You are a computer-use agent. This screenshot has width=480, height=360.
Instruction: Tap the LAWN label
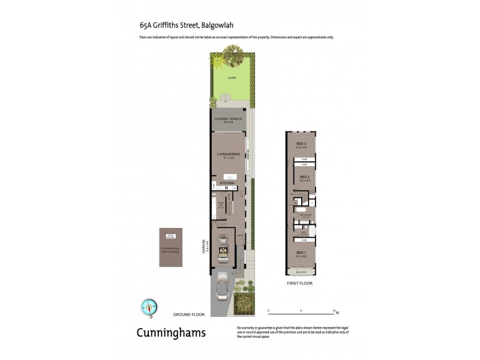click(231, 78)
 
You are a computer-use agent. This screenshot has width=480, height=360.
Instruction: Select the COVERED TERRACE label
click(228, 119)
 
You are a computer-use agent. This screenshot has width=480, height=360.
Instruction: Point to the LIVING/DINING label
click(228, 154)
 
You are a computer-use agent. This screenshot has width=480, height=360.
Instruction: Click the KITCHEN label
click(226, 182)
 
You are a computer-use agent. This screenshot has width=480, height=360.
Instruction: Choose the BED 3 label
click(301, 143)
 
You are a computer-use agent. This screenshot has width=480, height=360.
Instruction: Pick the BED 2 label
click(304, 176)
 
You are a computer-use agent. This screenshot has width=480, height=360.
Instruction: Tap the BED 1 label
click(301, 253)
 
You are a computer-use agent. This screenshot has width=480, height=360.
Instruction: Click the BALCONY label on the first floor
click(301, 271)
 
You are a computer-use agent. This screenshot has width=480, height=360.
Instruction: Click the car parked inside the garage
click(223, 248)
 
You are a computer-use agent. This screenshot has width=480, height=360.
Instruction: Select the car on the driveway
click(221, 286)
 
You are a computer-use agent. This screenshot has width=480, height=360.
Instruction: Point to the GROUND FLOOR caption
click(189, 314)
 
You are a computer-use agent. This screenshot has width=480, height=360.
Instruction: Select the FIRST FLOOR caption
click(300, 283)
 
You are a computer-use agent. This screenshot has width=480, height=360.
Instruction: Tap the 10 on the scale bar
click(334, 311)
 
